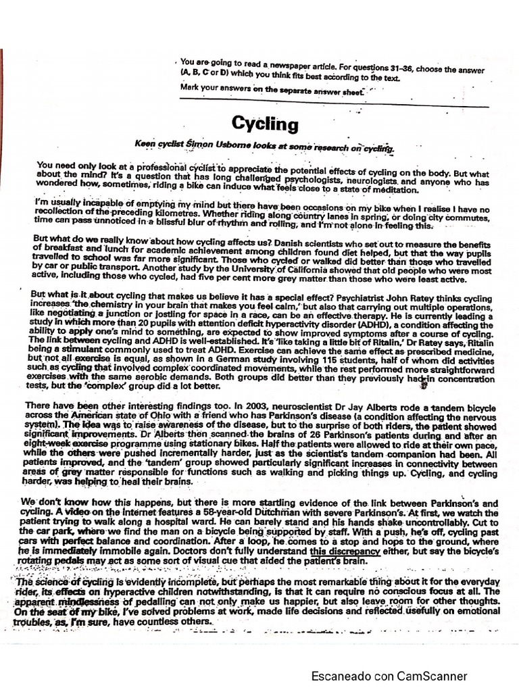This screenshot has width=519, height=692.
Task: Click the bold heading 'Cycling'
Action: [264, 124]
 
